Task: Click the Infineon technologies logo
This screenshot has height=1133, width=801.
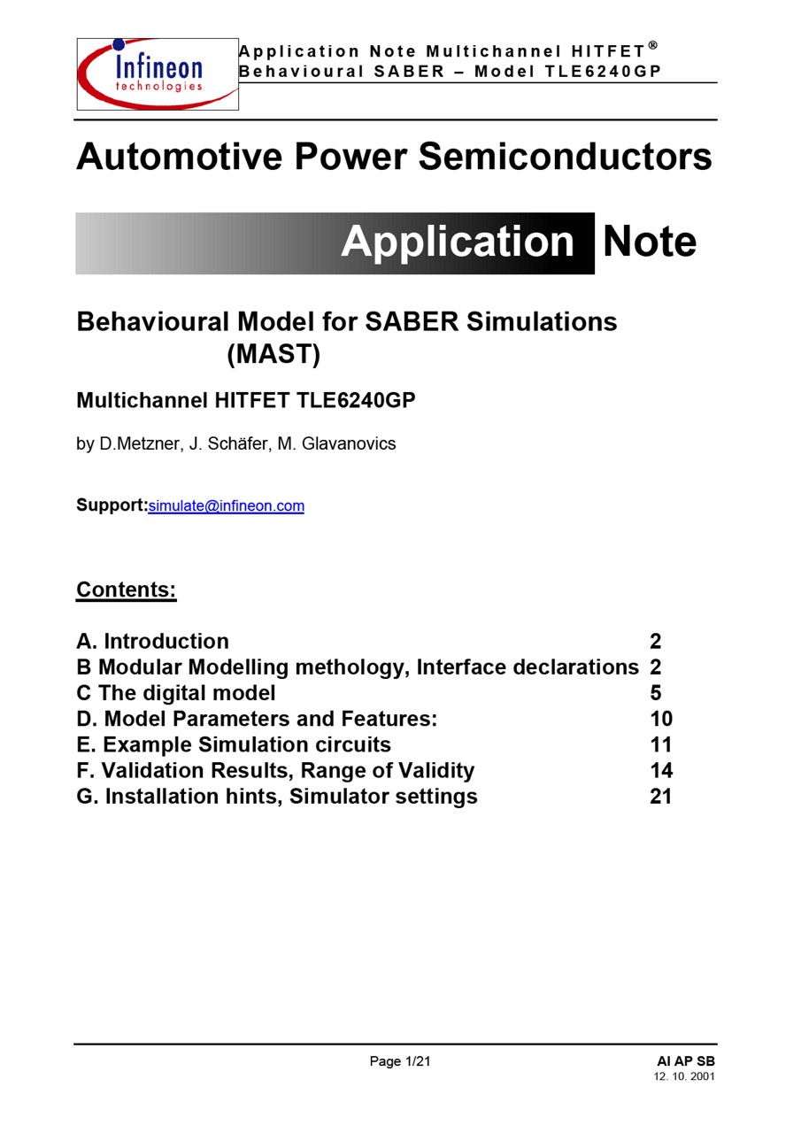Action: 158,73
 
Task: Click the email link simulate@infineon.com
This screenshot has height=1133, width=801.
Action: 226,506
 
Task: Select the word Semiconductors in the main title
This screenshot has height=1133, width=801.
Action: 565,157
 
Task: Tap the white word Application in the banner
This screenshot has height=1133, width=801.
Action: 458,242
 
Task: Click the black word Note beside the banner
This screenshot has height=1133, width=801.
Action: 650,242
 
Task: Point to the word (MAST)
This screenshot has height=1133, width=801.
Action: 273,354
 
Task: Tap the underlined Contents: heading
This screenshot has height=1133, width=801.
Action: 127,590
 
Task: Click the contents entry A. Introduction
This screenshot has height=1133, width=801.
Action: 152,641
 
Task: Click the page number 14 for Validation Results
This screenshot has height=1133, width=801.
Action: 661,770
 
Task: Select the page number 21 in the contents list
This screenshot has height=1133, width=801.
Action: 661,796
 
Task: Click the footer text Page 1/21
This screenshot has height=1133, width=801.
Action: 400,1061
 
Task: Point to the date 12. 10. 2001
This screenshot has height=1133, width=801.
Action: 684,1076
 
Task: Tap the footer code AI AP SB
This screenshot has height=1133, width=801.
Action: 686,1061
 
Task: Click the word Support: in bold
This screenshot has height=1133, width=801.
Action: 112,505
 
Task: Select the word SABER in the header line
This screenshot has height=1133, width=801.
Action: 409,72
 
